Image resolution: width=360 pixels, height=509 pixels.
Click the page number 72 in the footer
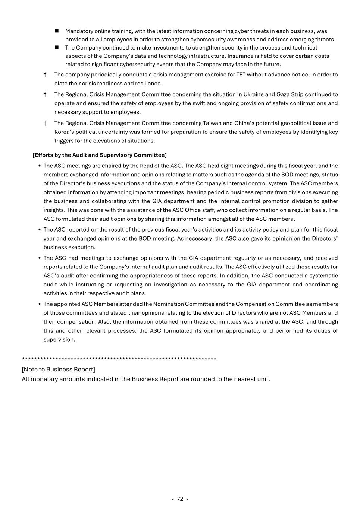click(180, 499)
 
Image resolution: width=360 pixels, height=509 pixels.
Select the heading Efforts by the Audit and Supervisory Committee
click(100, 155)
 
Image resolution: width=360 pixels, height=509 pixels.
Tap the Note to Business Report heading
click(58, 369)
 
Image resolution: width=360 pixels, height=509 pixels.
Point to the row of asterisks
click(119, 359)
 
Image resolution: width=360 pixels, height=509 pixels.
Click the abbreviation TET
click(241, 75)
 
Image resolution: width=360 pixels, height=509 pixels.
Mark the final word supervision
click(59, 340)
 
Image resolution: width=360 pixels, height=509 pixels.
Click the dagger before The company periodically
click(45, 75)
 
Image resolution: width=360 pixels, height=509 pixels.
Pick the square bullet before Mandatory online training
click(57, 31)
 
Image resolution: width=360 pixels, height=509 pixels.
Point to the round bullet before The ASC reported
click(40, 230)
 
